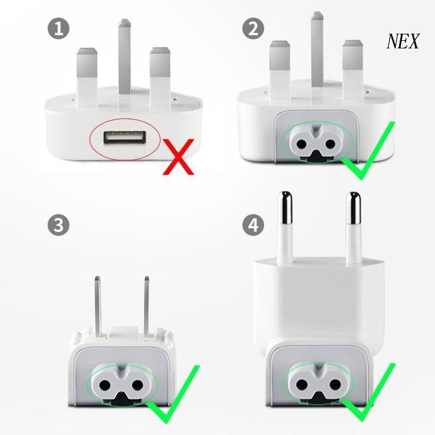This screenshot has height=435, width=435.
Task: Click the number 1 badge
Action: (x=59, y=29)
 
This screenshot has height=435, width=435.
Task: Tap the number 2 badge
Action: (x=252, y=29)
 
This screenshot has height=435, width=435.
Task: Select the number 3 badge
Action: (x=59, y=225)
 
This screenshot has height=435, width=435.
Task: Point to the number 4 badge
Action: (x=252, y=225)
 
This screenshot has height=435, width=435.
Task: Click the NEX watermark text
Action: (x=403, y=42)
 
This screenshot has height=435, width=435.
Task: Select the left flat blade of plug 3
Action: (x=99, y=304)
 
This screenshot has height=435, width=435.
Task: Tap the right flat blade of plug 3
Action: (x=146, y=304)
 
